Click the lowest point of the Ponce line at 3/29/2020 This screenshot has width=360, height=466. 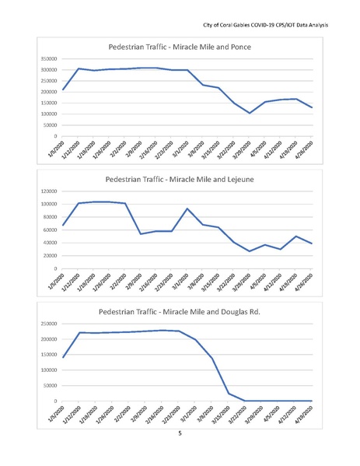[250, 113]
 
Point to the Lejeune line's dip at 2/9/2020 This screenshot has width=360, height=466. [141, 233]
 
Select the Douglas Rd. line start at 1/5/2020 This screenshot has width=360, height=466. [63, 358]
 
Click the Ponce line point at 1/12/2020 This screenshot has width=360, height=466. [79, 68]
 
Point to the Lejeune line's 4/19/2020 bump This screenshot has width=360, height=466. [296, 237]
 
